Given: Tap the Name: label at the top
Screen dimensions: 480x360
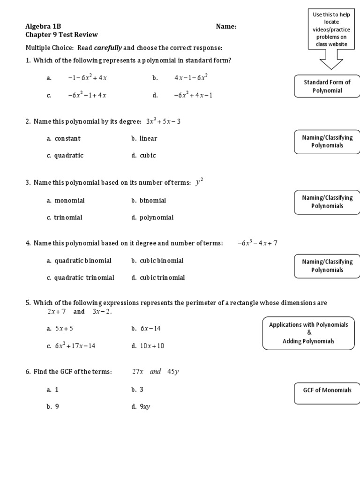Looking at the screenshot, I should click(226, 27).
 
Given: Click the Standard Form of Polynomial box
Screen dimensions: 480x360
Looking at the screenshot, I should click(327, 86).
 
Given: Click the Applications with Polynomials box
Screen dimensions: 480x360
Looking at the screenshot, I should click(308, 333).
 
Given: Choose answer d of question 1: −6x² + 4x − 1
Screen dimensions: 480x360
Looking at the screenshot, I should click(193, 95).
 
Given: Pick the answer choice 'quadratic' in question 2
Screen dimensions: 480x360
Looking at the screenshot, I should click(68, 156).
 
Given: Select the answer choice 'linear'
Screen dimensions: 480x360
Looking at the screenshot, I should click(148, 139).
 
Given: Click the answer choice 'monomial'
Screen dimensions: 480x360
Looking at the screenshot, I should click(69, 201).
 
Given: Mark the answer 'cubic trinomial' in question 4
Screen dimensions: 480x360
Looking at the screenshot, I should click(162, 277).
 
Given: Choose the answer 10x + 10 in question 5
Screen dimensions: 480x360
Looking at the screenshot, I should click(152, 346).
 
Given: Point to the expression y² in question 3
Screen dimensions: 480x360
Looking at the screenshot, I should click(200, 183).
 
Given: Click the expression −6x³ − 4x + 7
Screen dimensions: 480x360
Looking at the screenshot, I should click(257, 243).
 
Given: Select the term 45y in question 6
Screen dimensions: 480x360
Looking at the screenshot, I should click(173, 372).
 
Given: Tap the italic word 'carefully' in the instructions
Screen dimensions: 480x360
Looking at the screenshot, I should click(109, 48).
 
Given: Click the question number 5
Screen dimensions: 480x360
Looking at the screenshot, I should click(28, 303).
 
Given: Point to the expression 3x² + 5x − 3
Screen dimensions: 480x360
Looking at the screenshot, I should click(163, 122).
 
